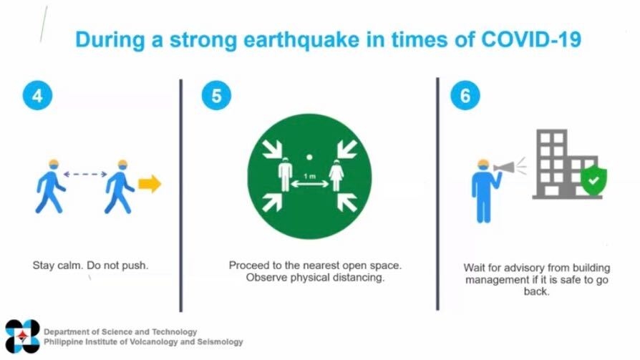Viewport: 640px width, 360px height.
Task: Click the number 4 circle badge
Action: pos(37,95)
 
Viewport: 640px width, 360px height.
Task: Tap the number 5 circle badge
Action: pos(216,95)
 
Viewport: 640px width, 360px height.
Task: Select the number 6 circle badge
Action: pos(465,95)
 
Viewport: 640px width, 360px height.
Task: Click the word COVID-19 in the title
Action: pos(531,39)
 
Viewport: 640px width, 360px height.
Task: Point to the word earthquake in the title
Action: pos(301,40)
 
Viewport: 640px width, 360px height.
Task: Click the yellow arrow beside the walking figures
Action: pos(150,184)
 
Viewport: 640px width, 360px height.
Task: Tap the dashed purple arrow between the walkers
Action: pos(85,175)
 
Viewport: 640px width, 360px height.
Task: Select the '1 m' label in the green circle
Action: pos(309,176)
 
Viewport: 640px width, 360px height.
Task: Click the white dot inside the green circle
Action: pos(309,157)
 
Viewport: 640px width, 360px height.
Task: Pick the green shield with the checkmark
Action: pos(593,180)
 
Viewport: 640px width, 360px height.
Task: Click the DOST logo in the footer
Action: pos(22,336)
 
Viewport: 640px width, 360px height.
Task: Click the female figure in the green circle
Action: pos(336,175)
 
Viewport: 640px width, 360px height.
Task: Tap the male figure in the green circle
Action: pos(286,175)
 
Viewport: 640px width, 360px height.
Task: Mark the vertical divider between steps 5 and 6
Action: pos(437,194)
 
